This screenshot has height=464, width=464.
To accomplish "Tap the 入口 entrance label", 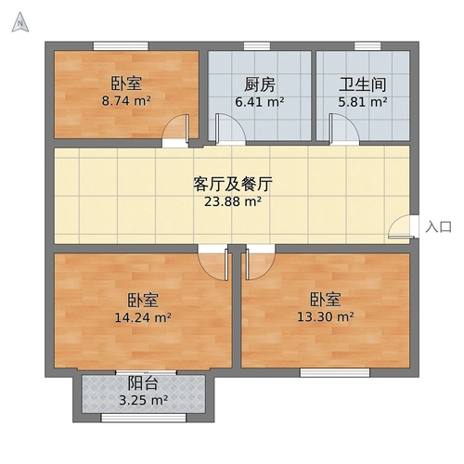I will pos(438,226).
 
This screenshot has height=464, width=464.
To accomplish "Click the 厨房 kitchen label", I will pos(260,84).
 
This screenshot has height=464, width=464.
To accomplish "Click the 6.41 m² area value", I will pos(260,103).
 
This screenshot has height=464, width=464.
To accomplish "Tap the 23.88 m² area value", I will pos(233,200).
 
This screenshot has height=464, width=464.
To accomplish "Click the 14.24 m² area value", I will pos(142,317).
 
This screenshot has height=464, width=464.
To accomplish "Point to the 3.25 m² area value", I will pos(144,401).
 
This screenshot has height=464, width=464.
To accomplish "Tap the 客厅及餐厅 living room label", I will pos(232,181).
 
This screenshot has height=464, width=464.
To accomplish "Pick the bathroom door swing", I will pos(342,129).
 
